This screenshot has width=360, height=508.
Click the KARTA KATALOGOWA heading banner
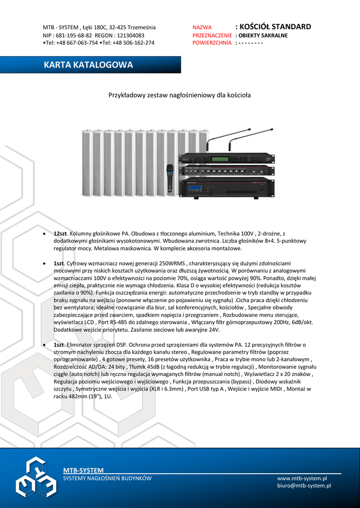point(88,65)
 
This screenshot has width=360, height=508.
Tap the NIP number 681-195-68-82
point(73,35)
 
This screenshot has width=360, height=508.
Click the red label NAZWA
point(202,27)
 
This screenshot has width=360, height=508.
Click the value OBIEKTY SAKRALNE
point(263,35)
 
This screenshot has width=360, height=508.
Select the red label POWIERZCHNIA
point(212,43)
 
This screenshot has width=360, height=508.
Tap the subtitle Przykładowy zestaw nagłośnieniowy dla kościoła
point(180,95)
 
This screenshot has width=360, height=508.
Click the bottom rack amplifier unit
point(226,188)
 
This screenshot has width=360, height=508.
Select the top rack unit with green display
point(226,159)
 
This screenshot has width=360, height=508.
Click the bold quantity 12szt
point(61,233)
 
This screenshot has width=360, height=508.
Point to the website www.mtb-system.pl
point(302,478)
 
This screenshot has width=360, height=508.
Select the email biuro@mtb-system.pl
point(304,486)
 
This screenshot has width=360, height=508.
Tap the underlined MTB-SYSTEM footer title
point(83,470)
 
